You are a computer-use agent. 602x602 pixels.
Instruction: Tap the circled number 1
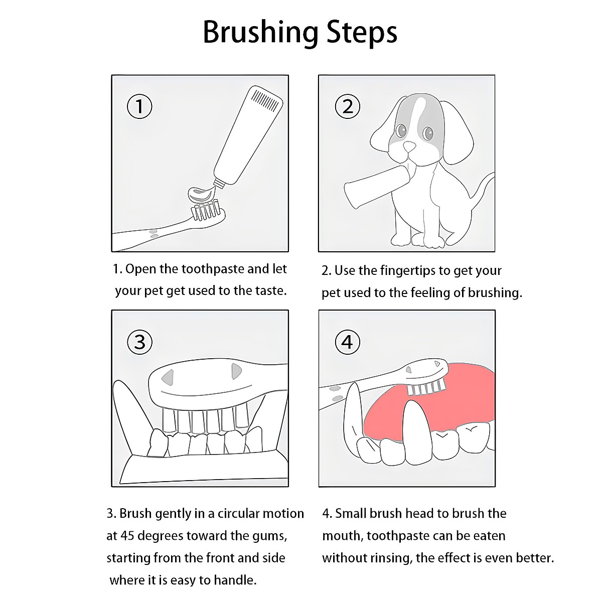[x=139, y=106]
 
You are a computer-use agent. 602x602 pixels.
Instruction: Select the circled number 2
[x=347, y=106]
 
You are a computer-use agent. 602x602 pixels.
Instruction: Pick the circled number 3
[x=139, y=342]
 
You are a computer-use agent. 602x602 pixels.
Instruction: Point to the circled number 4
[x=347, y=342]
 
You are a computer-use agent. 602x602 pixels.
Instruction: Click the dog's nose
[x=409, y=146]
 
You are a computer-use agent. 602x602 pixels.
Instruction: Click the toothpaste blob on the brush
[x=202, y=195]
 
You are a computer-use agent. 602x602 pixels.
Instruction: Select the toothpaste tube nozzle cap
[x=219, y=183]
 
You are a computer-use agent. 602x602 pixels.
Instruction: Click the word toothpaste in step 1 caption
[x=213, y=269]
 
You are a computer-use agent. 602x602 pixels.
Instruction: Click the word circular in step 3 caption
[x=237, y=514]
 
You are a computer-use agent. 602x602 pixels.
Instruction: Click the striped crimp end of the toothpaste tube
[x=265, y=100]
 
